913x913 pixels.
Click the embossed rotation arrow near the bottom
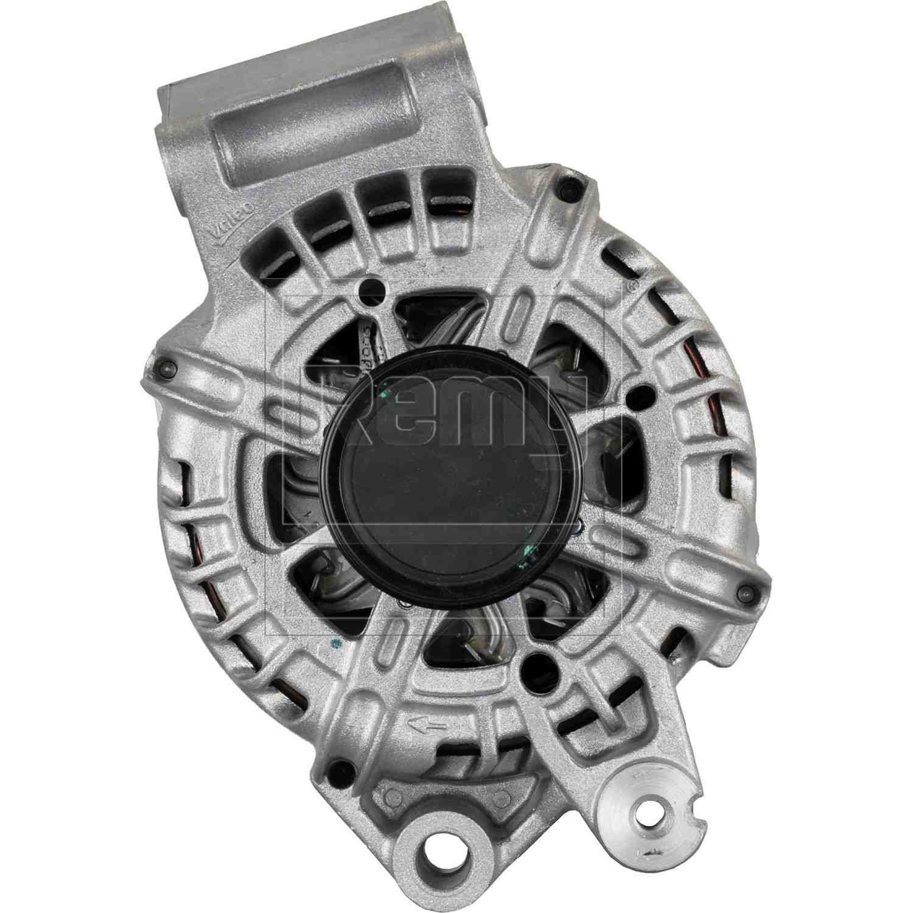coord(423,724)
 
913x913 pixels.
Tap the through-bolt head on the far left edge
coord(164,367)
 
